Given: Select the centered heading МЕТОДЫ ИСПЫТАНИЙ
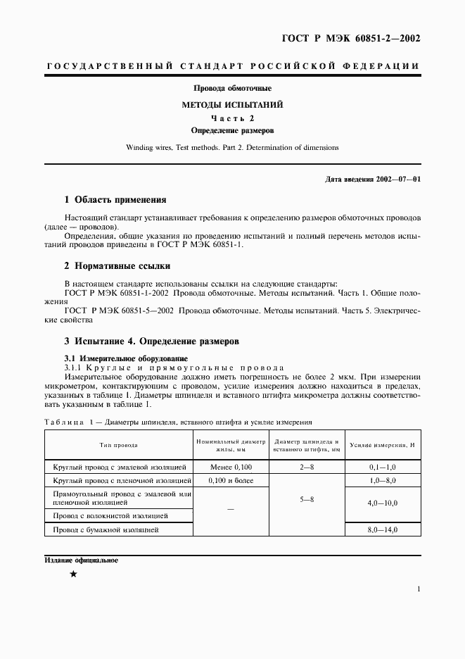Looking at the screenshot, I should [x=232, y=104].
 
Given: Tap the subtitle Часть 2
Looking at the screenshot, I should [x=232, y=118].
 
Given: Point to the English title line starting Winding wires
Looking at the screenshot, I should [x=232, y=148].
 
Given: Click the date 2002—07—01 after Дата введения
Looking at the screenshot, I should [x=396, y=180].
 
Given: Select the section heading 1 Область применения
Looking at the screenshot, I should [x=115, y=200].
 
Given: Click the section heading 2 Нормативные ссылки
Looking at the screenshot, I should [x=117, y=266].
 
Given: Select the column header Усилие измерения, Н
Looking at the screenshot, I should [x=383, y=445].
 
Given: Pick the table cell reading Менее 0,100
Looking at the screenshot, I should [x=231, y=467].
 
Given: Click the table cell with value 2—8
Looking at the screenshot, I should [x=307, y=467].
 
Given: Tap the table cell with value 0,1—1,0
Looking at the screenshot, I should [x=383, y=467].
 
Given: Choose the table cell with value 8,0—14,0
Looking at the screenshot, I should [x=383, y=529].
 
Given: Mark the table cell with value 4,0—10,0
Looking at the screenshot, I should [x=383, y=504].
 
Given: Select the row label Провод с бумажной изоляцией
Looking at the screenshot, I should [x=106, y=529].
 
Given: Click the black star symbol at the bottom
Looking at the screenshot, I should [x=73, y=575].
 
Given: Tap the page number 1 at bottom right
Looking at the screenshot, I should [x=419, y=589].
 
